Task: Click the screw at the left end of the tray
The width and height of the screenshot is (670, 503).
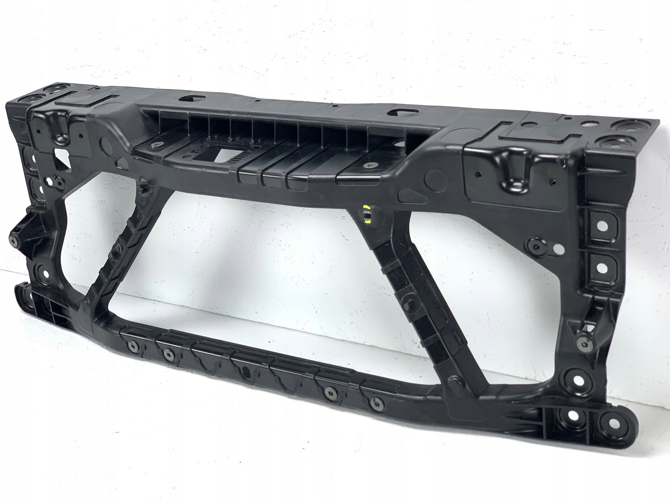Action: [156, 144]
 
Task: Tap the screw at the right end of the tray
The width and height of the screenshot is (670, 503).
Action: [369, 165]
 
